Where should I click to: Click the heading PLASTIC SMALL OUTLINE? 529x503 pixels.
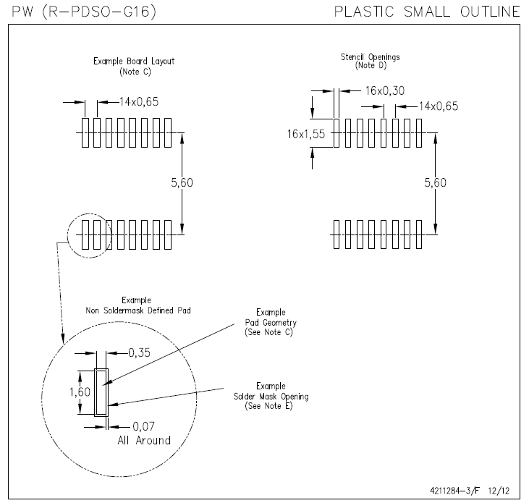pos(428,12)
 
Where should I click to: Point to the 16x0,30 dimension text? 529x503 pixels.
pos(385,91)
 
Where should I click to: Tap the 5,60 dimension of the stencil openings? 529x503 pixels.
pos(435,183)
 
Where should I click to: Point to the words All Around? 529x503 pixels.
pos(144,440)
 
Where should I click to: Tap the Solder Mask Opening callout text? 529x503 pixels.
pos(271,396)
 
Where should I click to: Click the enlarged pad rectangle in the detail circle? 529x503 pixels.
pos(101,391)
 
